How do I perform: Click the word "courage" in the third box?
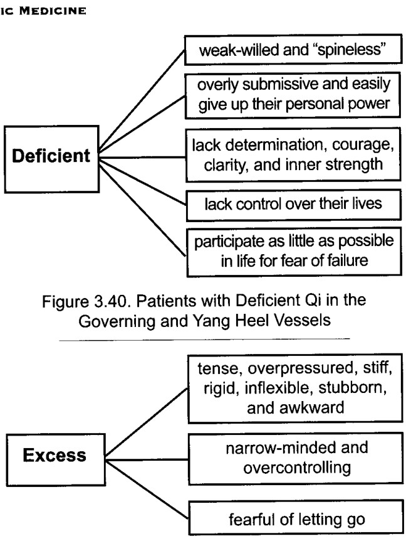click(362, 145)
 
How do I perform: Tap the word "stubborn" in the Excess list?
click(353, 388)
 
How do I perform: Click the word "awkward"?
click(313, 407)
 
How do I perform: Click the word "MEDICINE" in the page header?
click(53, 11)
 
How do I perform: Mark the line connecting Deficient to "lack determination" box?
click(142, 158)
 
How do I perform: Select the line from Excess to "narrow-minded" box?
click(147, 459)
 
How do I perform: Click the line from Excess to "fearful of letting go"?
click(147, 490)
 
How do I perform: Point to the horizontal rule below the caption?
click(204, 340)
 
